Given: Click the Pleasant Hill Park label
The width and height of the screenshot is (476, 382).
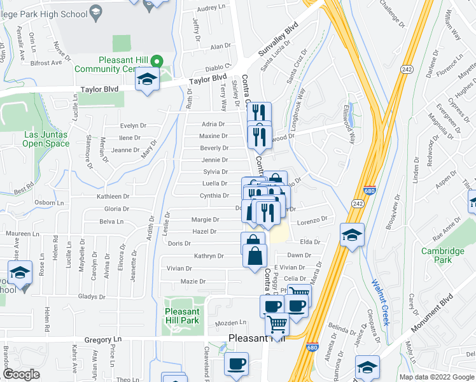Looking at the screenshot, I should point(182,316).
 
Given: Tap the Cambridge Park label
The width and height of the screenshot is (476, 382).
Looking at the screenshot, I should point(438,255).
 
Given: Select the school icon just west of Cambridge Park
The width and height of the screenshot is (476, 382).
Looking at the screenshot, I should point(352,235).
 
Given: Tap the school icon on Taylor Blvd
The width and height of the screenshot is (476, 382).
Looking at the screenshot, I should point(147,80).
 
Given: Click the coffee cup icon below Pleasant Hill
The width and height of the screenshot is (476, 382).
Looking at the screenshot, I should point(237,364).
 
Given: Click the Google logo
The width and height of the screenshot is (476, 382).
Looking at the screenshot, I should point(21,374).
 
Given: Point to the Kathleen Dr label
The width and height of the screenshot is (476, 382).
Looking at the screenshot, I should point(113,197).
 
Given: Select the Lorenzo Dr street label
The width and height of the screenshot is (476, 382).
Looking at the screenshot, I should point(314,219).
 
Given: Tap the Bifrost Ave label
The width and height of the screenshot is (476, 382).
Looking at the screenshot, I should point(46,63).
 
